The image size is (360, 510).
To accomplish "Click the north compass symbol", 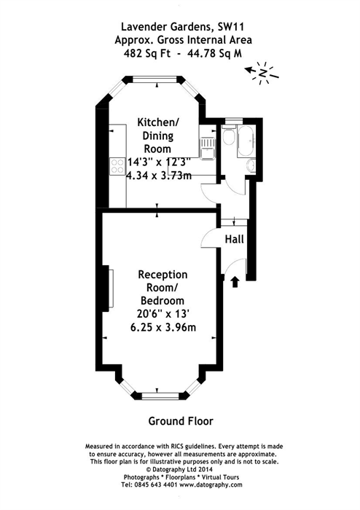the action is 262,73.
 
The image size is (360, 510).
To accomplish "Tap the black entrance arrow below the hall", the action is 235,282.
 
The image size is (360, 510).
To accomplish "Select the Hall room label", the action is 234,240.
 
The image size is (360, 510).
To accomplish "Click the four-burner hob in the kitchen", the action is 117,166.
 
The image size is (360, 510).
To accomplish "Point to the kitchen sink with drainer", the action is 207,148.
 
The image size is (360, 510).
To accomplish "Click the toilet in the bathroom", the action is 229,136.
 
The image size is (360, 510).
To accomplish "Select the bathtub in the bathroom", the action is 246,141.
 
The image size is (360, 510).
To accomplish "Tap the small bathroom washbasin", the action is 251,165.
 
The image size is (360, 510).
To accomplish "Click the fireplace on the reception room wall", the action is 109,289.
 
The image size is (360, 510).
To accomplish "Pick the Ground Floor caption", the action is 181,421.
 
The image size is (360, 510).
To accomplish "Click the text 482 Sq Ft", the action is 146,53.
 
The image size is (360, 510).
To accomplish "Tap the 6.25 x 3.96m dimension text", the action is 163,327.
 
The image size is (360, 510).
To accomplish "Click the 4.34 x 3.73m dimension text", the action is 159,176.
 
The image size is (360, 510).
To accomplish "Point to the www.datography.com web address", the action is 211,484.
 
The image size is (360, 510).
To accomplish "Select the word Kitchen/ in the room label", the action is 158,122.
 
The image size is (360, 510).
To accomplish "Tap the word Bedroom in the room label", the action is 163,300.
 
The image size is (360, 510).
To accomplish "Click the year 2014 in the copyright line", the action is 206,469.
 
